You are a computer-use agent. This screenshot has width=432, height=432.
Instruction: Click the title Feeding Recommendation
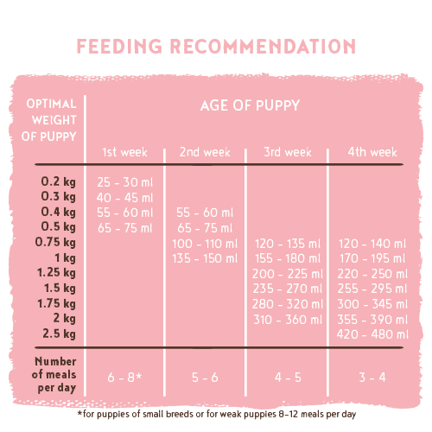(216, 46)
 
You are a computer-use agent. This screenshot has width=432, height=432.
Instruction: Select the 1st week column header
(124, 152)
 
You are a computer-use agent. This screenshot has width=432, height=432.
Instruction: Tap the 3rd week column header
(288, 152)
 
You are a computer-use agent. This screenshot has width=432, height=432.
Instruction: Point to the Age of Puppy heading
(250, 105)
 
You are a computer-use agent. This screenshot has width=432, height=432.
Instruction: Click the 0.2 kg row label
(59, 181)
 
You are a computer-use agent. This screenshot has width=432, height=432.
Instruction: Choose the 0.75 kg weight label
(55, 242)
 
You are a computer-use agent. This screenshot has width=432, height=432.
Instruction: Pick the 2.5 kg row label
(59, 334)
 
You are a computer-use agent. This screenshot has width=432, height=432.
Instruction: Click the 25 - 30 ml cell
(124, 182)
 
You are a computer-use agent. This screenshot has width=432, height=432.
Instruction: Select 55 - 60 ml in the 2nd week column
(205, 213)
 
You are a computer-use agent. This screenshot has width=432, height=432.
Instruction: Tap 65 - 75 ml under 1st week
(124, 228)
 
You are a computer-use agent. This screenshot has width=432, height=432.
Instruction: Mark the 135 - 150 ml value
(205, 258)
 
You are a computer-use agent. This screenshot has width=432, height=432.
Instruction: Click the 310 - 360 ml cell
(288, 320)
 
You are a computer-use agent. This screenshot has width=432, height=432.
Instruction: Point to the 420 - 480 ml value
(372, 334)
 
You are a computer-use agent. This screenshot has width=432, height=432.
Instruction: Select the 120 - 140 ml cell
(372, 244)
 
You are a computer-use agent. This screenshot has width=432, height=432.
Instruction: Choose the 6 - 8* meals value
(124, 378)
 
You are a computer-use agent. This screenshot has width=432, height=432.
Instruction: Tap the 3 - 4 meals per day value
(372, 378)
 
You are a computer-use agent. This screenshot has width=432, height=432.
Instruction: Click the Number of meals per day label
(54, 374)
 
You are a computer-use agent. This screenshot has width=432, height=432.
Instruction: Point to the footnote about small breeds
(217, 414)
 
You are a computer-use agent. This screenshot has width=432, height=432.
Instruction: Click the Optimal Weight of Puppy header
(49, 120)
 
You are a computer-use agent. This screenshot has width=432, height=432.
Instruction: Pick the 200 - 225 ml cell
(288, 274)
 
